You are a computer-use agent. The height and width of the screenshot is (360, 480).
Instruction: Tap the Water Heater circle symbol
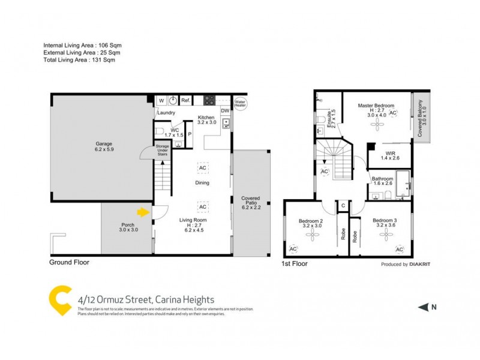click(241, 103)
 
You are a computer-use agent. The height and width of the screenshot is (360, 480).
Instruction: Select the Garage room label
click(104, 146)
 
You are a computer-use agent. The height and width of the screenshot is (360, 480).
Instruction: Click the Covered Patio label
click(250, 202)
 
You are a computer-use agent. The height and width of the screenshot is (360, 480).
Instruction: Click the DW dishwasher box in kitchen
click(225, 110)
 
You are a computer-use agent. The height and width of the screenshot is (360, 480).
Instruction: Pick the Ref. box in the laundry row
click(185, 101)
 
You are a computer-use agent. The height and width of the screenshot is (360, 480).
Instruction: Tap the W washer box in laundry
click(161, 101)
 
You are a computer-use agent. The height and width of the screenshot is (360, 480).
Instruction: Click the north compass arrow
click(423, 307)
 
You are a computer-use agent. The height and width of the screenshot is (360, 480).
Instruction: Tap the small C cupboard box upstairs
click(343, 206)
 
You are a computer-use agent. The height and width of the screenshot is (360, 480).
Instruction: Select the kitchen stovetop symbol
click(210, 100)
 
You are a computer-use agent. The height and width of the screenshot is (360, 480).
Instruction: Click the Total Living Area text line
click(79, 60)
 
